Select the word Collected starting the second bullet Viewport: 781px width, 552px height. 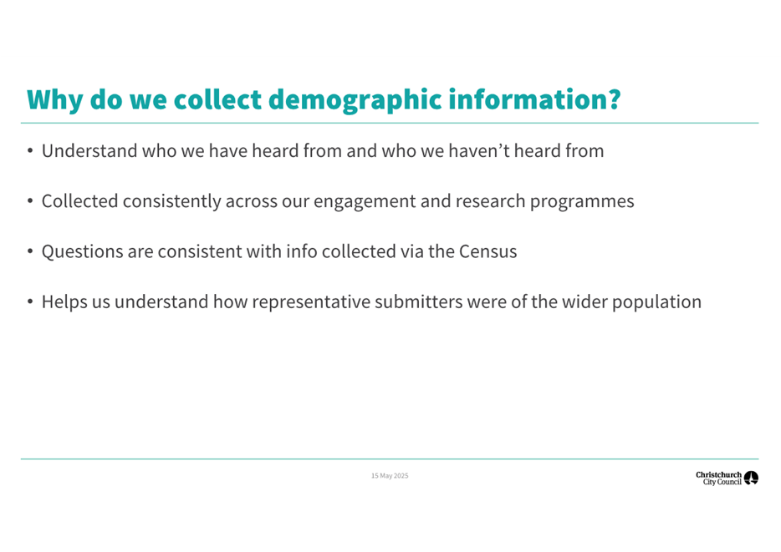coord(80,201)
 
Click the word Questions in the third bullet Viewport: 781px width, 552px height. coord(83,251)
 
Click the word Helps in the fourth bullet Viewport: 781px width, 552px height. coord(64,301)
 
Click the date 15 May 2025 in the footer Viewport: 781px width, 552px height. coord(390,476)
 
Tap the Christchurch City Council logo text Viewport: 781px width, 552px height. coord(718,478)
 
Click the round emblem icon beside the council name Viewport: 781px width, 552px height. coord(751,478)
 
